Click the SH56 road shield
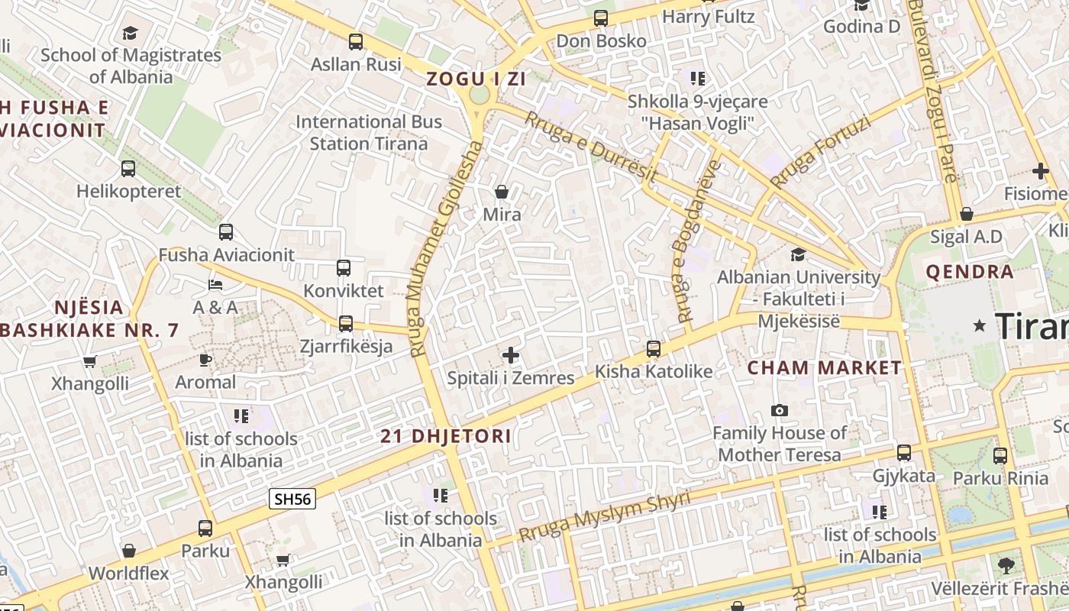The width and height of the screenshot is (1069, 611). (293, 499)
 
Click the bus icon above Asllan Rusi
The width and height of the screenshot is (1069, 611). (356, 42)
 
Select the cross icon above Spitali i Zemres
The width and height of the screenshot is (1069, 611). (511, 355)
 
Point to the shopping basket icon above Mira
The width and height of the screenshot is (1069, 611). (502, 192)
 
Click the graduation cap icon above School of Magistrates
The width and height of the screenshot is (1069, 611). (131, 33)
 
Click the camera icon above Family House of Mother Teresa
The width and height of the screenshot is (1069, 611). (780, 411)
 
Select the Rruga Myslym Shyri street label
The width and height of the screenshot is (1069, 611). (604, 517)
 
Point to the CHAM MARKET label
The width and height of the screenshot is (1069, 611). (824, 367)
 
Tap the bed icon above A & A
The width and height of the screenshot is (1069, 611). (215, 285)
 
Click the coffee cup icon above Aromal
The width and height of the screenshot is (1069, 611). (205, 360)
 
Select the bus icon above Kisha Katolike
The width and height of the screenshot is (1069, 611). (654, 349)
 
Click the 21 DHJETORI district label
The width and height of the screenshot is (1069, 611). (446, 437)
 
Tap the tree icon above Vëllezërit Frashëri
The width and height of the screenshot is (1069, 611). (1006, 566)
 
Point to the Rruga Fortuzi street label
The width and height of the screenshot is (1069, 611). (820, 152)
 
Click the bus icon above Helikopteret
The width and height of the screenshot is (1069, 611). (128, 169)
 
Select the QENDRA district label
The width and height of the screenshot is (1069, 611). (970, 272)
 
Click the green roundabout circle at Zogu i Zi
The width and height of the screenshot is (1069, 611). (479, 95)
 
